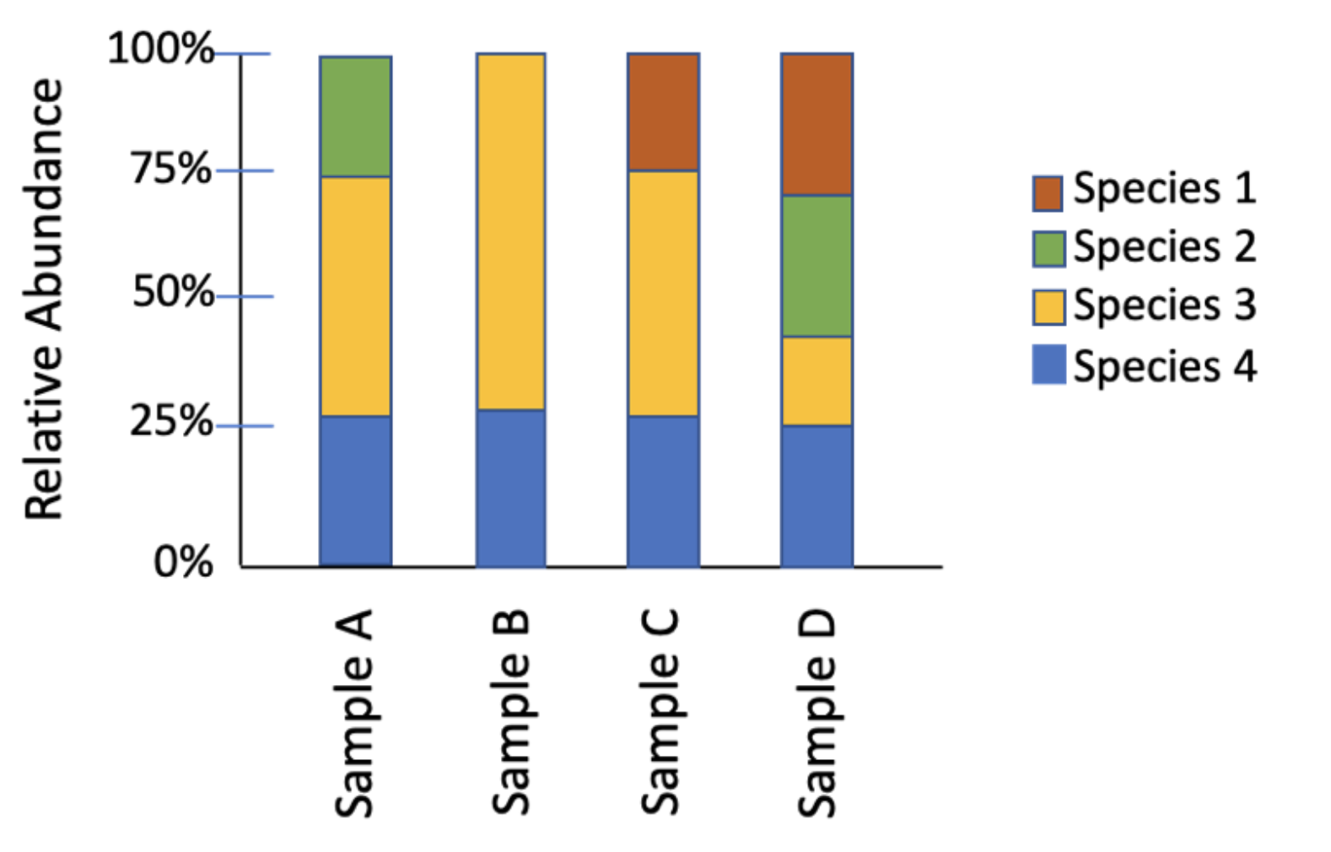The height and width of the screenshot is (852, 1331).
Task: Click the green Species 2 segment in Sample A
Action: click(355, 116)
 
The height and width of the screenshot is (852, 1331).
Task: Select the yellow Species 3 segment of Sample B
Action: click(510, 232)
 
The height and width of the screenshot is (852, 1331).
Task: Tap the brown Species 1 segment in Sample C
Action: click(663, 112)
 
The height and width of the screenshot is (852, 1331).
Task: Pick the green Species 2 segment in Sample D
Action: click(816, 266)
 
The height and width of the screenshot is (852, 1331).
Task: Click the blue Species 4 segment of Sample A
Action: click(355, 490)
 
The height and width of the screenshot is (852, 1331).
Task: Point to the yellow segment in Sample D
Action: click(816, 380)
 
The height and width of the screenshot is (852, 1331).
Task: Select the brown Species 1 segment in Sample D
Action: click(816, 125)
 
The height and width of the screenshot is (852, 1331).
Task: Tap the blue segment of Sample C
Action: click(663, 490)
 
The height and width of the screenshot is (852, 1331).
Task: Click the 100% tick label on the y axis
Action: click(160, 48)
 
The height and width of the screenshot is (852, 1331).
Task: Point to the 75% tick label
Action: click(170, 169)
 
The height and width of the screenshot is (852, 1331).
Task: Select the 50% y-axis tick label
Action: click(172, 293)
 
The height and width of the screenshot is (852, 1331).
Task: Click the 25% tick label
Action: click(170, 421)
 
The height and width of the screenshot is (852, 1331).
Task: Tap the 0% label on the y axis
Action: click(182, 562)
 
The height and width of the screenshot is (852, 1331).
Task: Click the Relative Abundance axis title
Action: click(44, 299)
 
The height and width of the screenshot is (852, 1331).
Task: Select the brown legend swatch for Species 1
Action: click(1048, 192)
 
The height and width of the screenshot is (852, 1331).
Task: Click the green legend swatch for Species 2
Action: click(1048, 249)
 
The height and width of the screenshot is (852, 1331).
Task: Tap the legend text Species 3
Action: click(1164, 305)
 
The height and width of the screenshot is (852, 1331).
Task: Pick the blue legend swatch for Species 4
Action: click(1048, 364)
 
